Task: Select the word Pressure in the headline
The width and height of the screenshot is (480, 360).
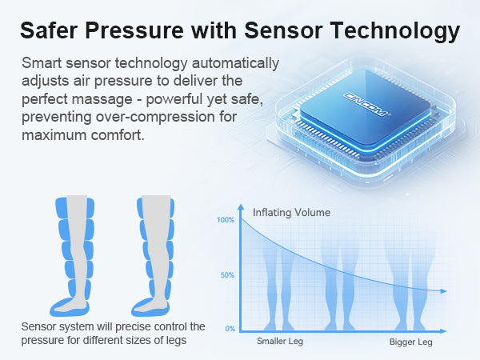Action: coord(134,30)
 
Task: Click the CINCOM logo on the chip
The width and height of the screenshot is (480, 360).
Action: coord(366,104)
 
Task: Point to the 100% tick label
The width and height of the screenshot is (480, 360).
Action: coord(226,220)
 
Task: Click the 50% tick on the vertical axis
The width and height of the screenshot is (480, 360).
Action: coord(227,275)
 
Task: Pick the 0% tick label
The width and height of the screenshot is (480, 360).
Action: coord(230,329)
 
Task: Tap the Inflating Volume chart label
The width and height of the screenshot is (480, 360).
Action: coord(291,213)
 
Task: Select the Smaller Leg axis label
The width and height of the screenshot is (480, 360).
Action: coord(280,342)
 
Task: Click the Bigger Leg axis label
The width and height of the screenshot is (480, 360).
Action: coord(411,342)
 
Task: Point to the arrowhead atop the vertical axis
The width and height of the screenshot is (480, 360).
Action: coord(241,207)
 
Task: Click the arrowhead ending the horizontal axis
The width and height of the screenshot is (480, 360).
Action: coord(443,331)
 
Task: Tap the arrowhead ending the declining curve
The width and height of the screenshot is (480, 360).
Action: coord(443,291)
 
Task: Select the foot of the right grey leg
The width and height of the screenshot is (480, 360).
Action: coord(151,305)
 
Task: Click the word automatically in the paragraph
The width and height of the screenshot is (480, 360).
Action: coord(235,64)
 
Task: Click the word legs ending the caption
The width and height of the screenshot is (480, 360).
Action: coord(177,341)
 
